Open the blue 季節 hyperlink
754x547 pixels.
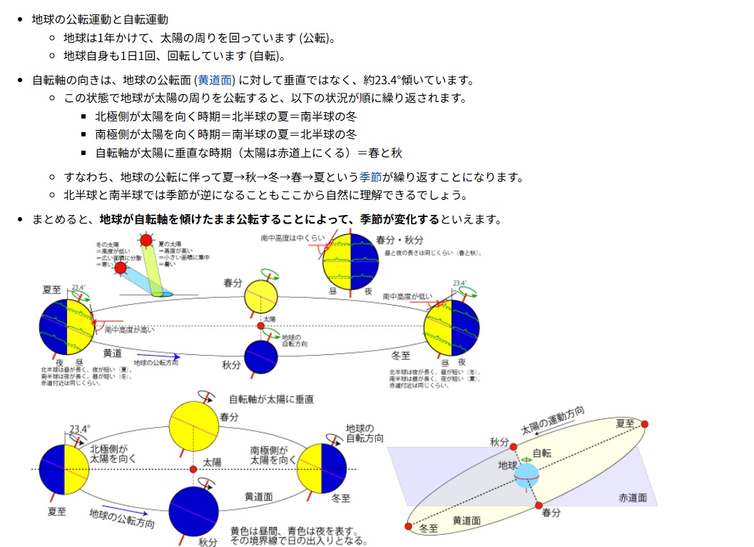point(371,177)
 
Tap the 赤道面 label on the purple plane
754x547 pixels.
point(633,498)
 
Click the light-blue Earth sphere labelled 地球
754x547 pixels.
point(527,475)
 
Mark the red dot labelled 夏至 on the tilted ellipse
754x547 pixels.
point(645,424)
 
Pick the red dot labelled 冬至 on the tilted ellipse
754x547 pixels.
point(408,526)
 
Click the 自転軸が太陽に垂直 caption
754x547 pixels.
point(271,399)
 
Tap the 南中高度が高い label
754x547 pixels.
point(129,330)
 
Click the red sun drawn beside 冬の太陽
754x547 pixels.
point(120,269)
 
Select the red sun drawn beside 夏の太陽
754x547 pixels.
point(146,241)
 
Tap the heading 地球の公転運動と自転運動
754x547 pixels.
point(100,19)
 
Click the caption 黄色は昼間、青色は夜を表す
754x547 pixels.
point(292,531)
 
